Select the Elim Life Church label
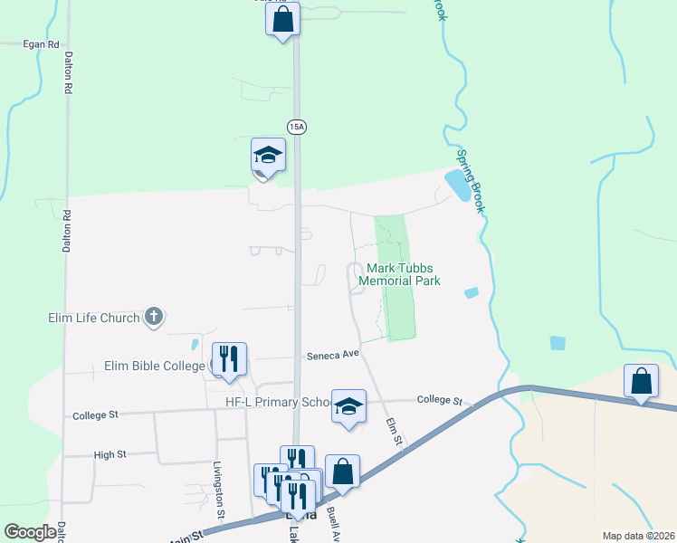(94, 318)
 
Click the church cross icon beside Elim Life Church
(154, 317)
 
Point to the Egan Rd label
(42, 43)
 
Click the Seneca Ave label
(333, 356)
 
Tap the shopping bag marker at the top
(282, 19)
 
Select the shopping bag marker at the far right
(641, 382)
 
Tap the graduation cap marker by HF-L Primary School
(348, 406)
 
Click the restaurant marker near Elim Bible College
(229, 359)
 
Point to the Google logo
(30, 532)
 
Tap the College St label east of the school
(439, 400)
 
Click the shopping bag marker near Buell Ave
(342, 472)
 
